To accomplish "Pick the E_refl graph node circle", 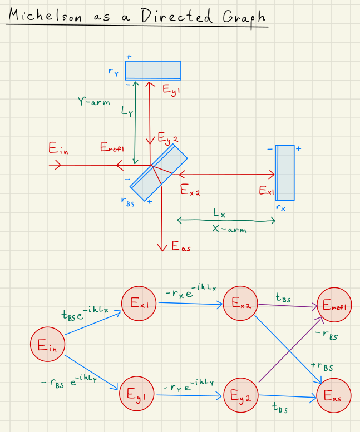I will click(334, 305).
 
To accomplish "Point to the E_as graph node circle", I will click(333, 397).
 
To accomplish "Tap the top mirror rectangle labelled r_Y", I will click(153, 70).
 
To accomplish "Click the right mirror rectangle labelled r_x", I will click(285, 172).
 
